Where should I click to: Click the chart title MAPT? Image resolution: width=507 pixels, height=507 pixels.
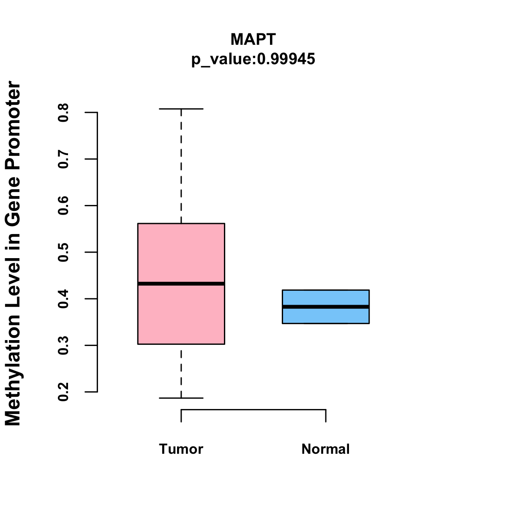(x=253, y=39)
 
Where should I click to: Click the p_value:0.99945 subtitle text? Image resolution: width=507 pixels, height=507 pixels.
(x=253, y=59)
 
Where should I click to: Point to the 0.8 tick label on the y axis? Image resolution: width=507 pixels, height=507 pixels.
(x=63, y=112)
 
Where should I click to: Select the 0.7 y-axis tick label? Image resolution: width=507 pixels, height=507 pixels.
(x=63, y=159)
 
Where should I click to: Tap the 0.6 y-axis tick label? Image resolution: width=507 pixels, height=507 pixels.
(x=63, y=206)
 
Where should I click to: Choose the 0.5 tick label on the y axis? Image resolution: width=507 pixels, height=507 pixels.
(x=63, y=252)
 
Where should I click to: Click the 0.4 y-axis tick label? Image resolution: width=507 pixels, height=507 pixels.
(x=63, y=299)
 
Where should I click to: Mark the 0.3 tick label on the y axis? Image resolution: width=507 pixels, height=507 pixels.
(x=63, y=345)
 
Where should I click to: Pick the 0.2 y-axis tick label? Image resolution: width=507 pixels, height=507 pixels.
(x=63, y=392)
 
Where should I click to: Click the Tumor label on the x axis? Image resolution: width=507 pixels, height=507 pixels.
(x=181, y=449)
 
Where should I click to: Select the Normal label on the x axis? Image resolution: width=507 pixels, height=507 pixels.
(x=326, y=449)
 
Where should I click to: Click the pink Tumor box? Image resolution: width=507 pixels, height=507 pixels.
(x=181, y=253)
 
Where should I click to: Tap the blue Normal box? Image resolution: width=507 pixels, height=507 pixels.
(x=326, y=298)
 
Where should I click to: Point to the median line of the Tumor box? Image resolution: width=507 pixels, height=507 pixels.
(x=181, y=283)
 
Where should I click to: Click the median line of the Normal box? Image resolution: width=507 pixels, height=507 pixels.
(x=326, y=307)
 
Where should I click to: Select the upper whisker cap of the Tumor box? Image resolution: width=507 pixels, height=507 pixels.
(x=181, y=109)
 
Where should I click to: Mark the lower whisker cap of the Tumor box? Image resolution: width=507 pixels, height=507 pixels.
(x=181, y=398)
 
